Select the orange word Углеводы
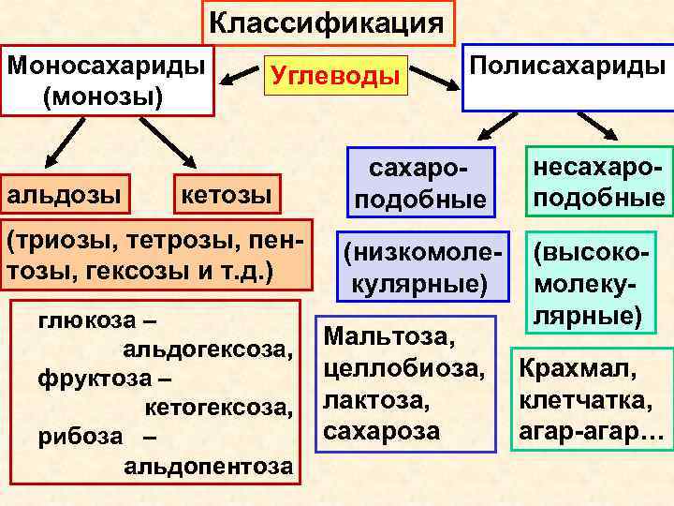click(336, 74)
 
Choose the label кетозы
click(225, 196)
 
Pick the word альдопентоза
click(207, 466)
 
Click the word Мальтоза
click(389, 334)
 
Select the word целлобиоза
click(403, 367)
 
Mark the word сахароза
click(381, 432)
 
